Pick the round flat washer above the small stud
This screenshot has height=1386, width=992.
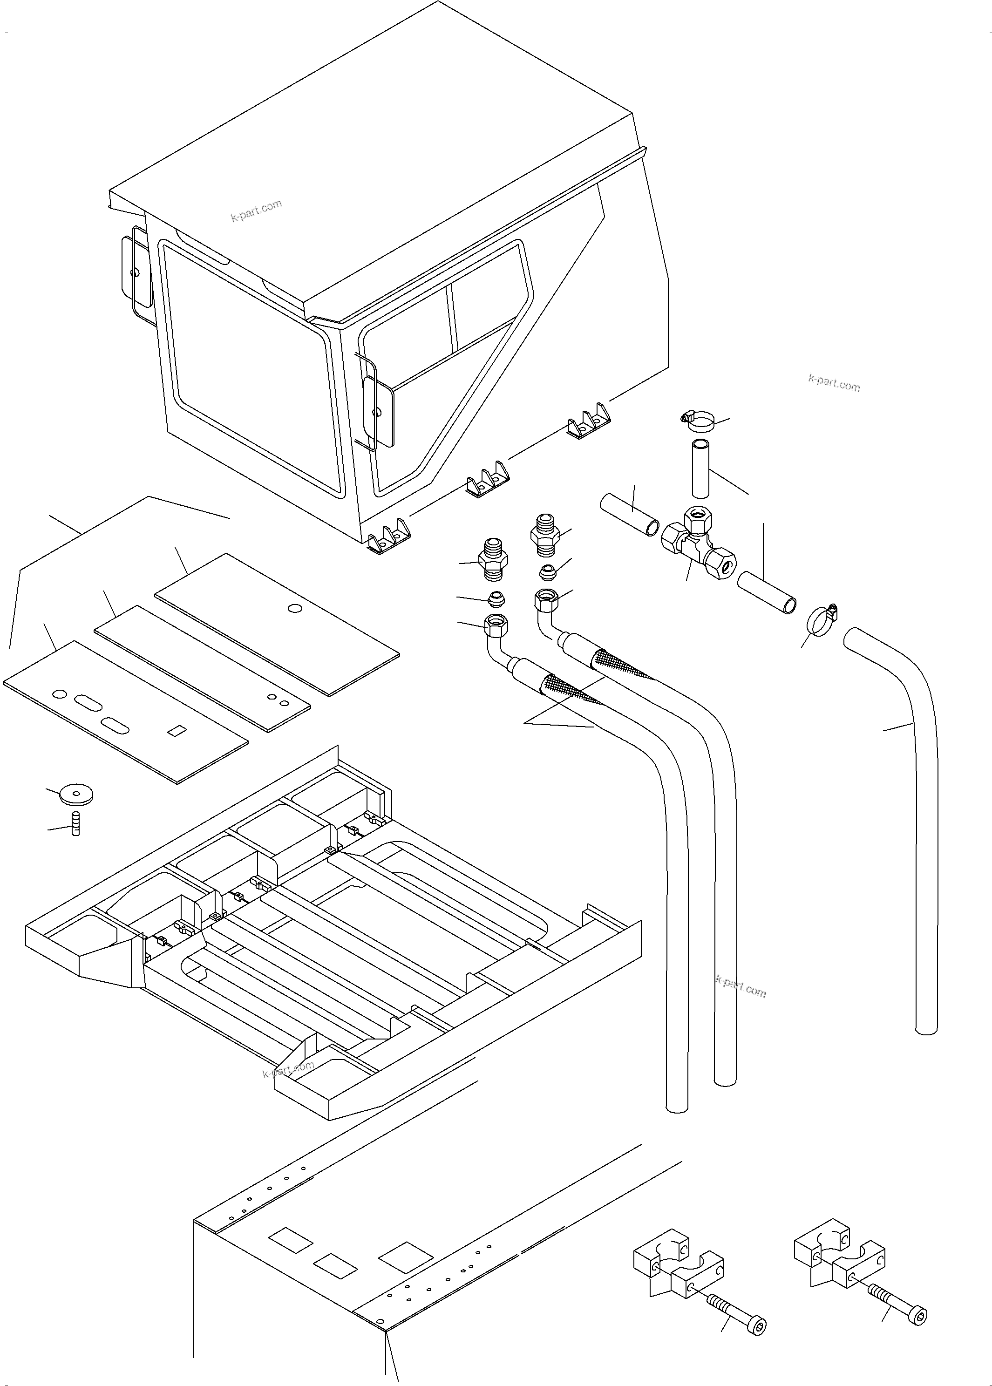point(77,795)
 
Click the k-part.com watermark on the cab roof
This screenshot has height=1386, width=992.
point(257,211)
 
